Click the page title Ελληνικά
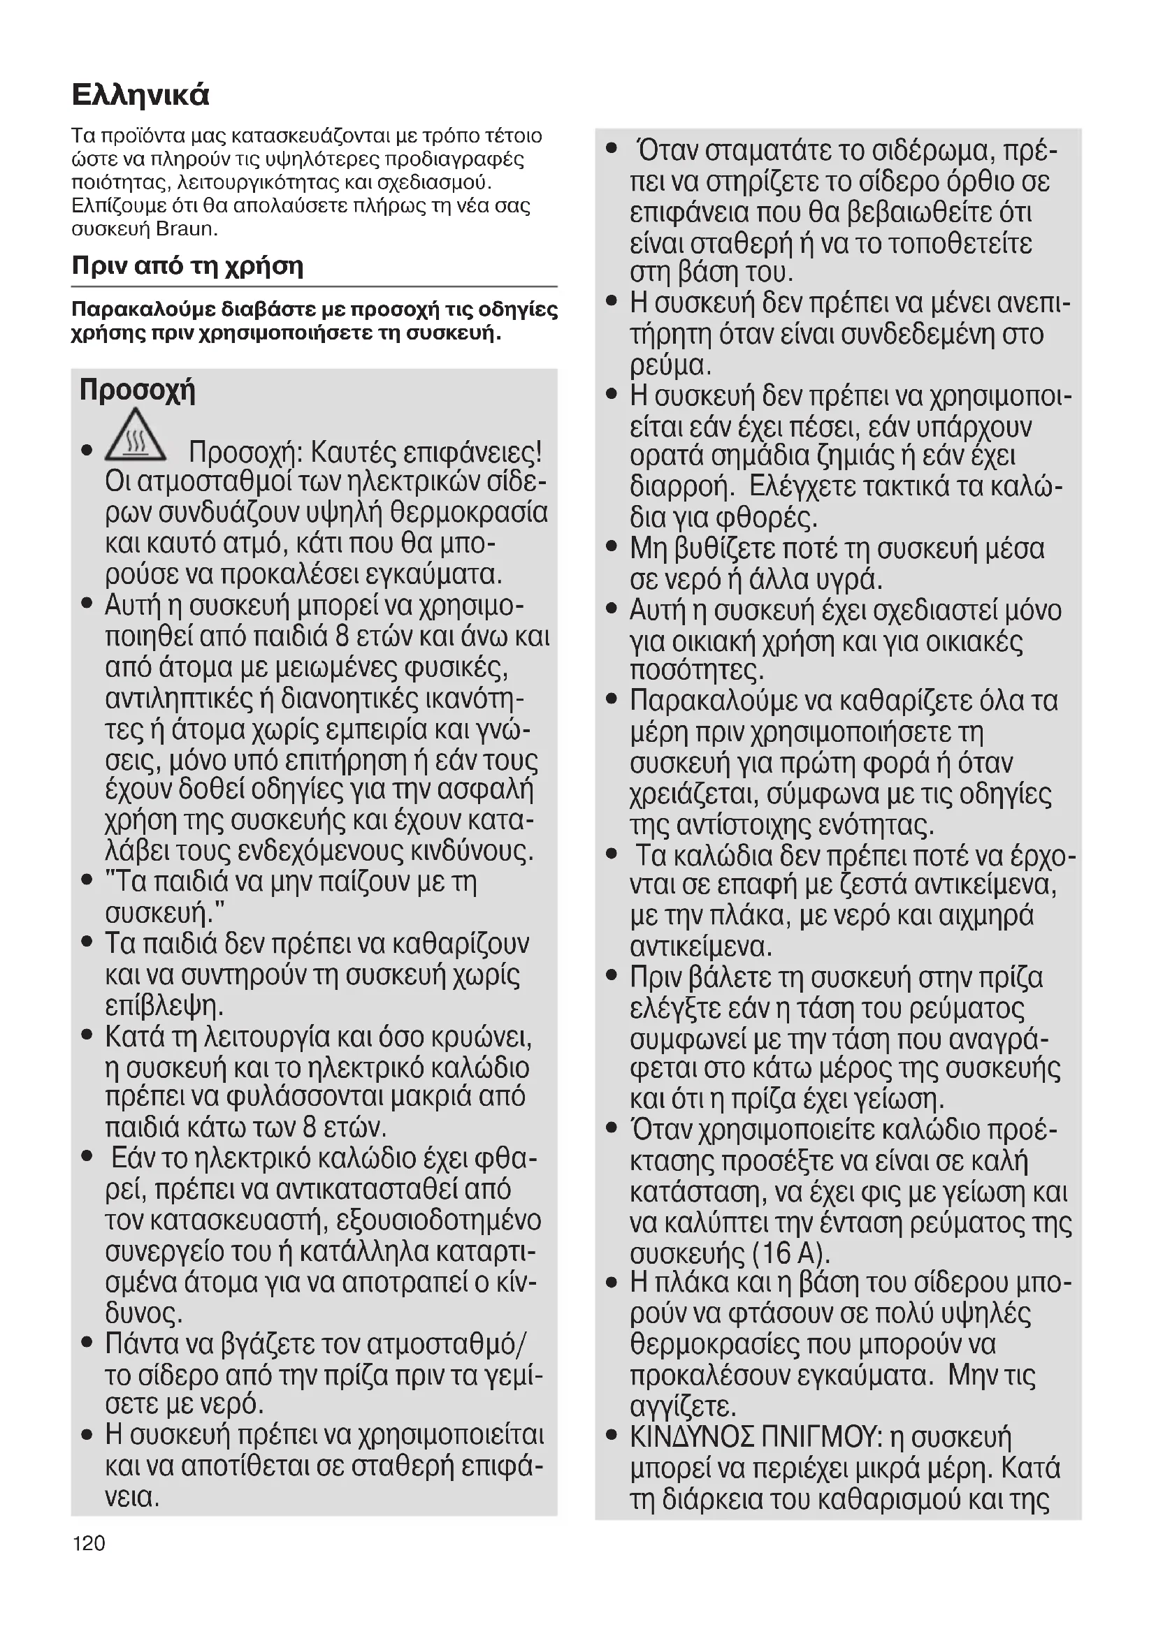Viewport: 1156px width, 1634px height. [141, 94]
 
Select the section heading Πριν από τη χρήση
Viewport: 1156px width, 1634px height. [188, 266]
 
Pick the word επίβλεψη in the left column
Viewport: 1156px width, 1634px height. [164, 1005]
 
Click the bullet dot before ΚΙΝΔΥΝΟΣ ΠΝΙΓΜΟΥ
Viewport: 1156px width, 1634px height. [611, 1436]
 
